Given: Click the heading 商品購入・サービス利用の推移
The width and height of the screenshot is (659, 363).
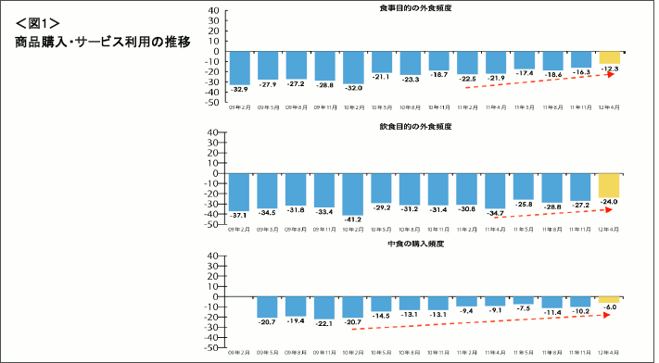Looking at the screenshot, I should click(103, 42).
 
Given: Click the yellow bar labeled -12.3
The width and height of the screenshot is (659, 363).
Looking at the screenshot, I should click(609, 57).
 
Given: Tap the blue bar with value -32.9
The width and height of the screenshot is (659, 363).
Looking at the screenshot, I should click(239, 67).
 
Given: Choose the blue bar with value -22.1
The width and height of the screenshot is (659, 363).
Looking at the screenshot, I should click(324, 307).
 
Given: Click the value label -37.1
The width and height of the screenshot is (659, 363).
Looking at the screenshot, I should click(239, 215).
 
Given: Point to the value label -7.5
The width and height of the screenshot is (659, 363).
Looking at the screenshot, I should click(524, 308).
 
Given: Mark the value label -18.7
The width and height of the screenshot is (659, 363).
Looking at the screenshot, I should click(438, 75).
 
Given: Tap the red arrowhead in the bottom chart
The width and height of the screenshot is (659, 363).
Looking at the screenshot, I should click(606, 315).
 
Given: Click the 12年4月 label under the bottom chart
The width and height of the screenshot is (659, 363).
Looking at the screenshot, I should click(609, 353).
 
